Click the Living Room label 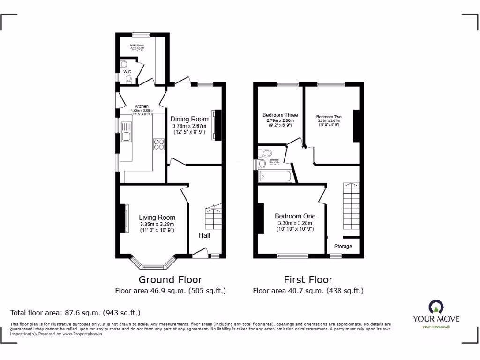tap(157, 217)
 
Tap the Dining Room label tap(189, 119)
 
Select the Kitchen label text tap(142, 106)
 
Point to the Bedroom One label tap(295, 216)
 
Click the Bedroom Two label tap(329, 117)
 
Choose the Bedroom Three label tap(280, 115)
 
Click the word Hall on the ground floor tap(204, 235)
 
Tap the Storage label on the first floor tap(343, 246)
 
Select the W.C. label tap(128, 72)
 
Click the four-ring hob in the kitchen tap(158, 144)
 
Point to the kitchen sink tap(126, 133)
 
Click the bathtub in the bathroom tap(275, 177)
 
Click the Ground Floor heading tap(171, 280)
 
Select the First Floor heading tap(308, 280)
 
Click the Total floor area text tap(75, 313)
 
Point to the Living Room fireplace tap(125, 218)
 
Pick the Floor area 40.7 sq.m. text tap(308, 291)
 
